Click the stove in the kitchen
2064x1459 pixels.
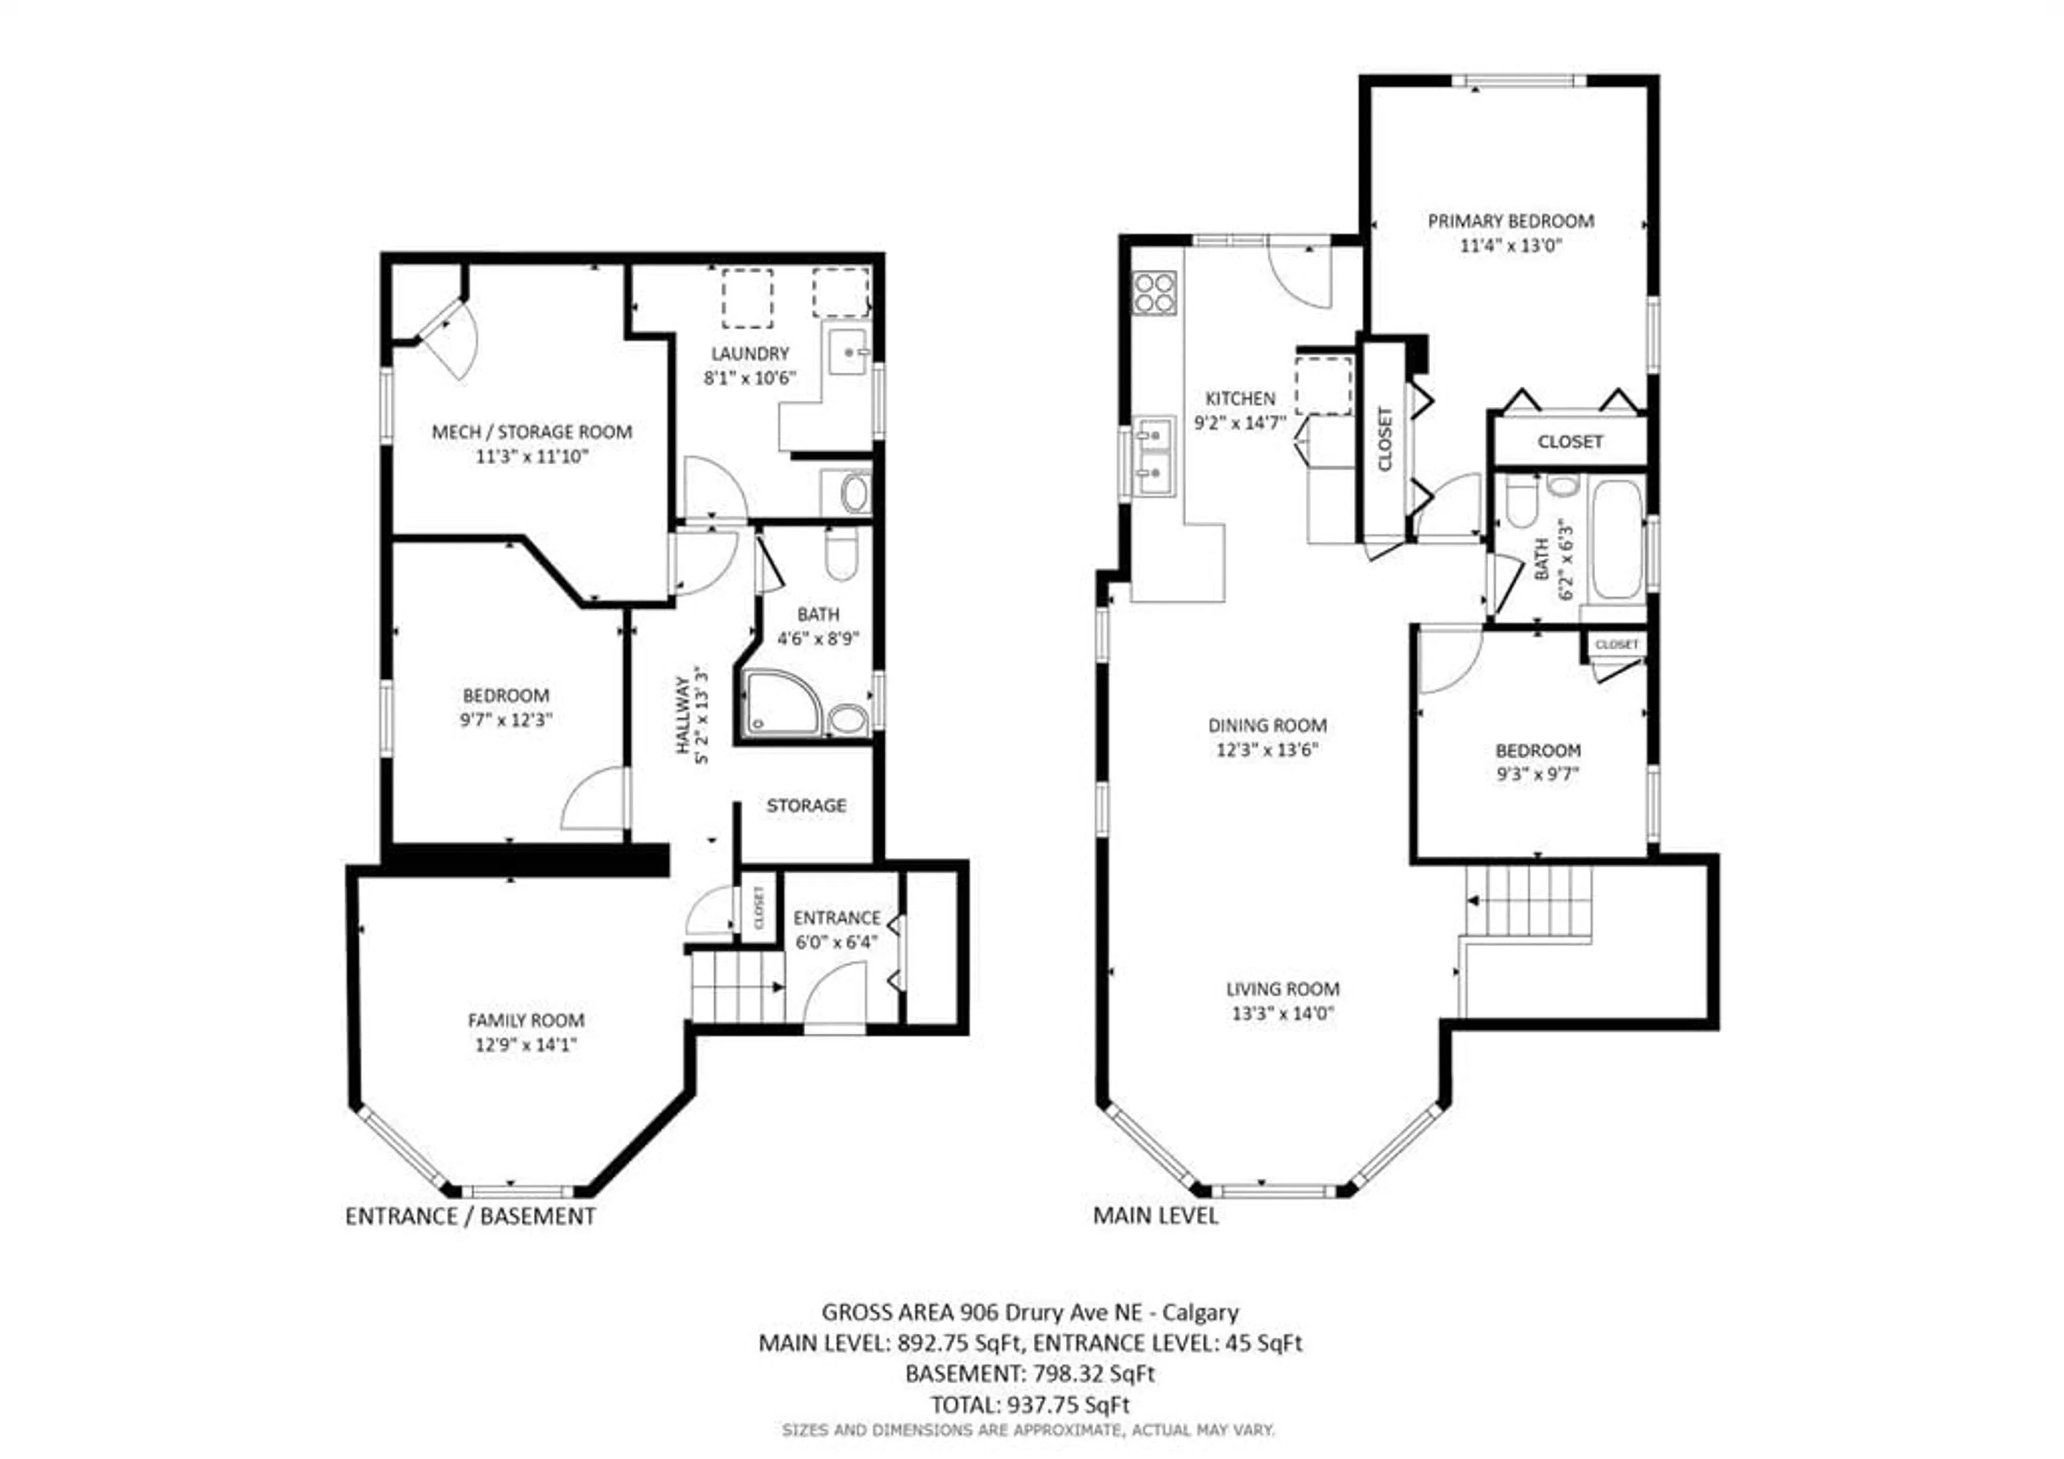coord(1154,292)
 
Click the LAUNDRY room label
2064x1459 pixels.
coord(750,353)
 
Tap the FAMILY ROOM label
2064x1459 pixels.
coord(526,1020)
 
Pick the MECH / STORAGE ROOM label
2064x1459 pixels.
coord(532,432)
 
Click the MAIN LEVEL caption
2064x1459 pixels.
coord(1155,1216)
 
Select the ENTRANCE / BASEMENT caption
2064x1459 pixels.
coord(470,1216)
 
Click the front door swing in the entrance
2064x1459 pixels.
coord(834,993)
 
